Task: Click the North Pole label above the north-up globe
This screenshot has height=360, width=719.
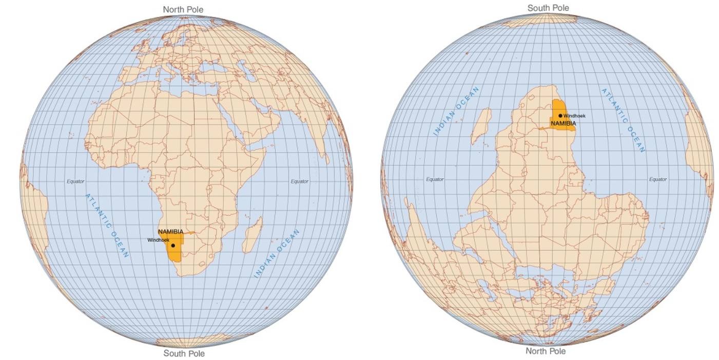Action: (183, 9)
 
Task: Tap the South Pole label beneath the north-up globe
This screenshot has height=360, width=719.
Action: (184, 353)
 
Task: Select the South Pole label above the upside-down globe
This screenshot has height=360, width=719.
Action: (548, 8)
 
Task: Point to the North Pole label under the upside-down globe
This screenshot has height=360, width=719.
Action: (546, 351)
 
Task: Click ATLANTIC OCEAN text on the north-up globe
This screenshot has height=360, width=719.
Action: (107, 225)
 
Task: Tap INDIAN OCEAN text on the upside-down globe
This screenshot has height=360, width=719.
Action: (456, 111)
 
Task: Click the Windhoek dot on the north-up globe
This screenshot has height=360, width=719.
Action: (173, 245)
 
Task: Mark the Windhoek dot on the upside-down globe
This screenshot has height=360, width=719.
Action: (560, 116)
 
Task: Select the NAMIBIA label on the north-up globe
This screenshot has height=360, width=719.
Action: (171, 232)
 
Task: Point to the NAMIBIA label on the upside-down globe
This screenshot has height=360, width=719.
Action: (563, 123)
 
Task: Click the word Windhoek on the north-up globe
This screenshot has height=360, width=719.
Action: (158, 240)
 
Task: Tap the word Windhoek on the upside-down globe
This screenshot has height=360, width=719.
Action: (574, 116)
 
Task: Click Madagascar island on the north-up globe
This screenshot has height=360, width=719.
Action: (252, 235)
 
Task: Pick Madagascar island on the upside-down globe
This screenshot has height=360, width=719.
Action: (481, 125)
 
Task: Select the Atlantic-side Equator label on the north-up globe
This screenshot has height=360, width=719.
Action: (75, 181)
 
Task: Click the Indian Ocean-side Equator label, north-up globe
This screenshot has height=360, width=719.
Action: (299, 181)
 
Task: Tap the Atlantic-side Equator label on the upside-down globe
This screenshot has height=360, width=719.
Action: (657, 179)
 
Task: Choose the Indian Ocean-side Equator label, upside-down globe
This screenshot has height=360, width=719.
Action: (435, 179)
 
